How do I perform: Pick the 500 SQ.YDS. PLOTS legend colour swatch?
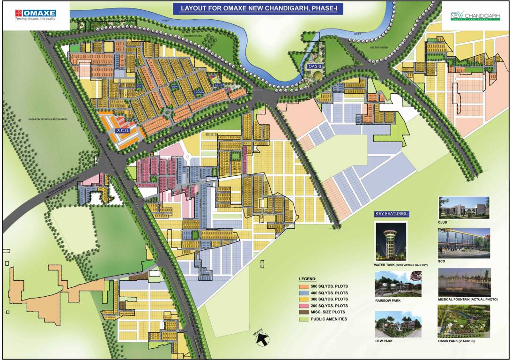pos(302,285)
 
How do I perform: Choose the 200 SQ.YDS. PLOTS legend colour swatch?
pos(302,305)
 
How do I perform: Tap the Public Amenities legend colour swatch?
pos(302,319)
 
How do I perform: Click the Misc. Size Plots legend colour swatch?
pos(302,312)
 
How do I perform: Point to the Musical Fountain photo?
pos(464,282)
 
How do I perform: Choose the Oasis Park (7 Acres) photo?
pos(464,322)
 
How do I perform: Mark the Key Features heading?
pos(392,214)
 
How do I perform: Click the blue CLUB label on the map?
pos(219,85)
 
